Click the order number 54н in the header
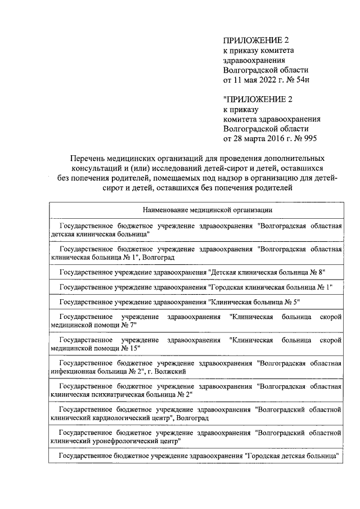299,80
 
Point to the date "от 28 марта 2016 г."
258,139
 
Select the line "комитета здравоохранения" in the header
272,119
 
